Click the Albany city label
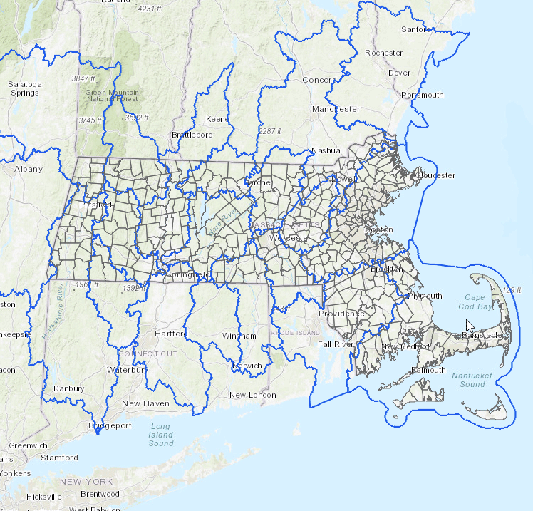[x=29, y=169]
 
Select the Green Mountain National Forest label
[x=112, y=96]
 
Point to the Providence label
[x=341, y=314]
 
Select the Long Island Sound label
[x=161, y=434]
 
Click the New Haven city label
[x=145, y=403]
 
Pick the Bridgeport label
[x=110, y=425]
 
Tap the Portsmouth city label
[x=423, y=95]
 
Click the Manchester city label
[x=336, y=109]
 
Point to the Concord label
[x=319, y=80]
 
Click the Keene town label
[x=217, y=118]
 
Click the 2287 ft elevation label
[x=270, y=131]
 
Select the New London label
[x=252, y=395]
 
